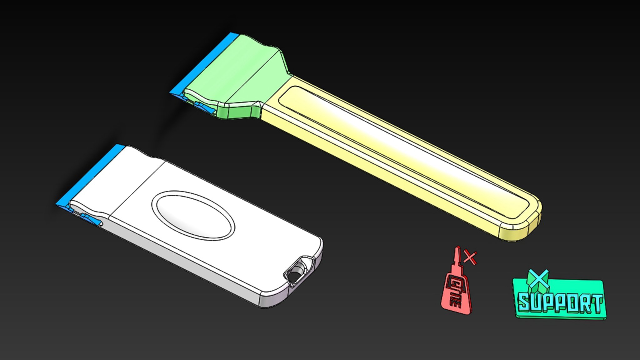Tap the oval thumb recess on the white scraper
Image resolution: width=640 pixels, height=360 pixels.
[x=193, y=216]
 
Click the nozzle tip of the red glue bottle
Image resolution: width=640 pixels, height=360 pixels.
[x=457, y=250]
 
